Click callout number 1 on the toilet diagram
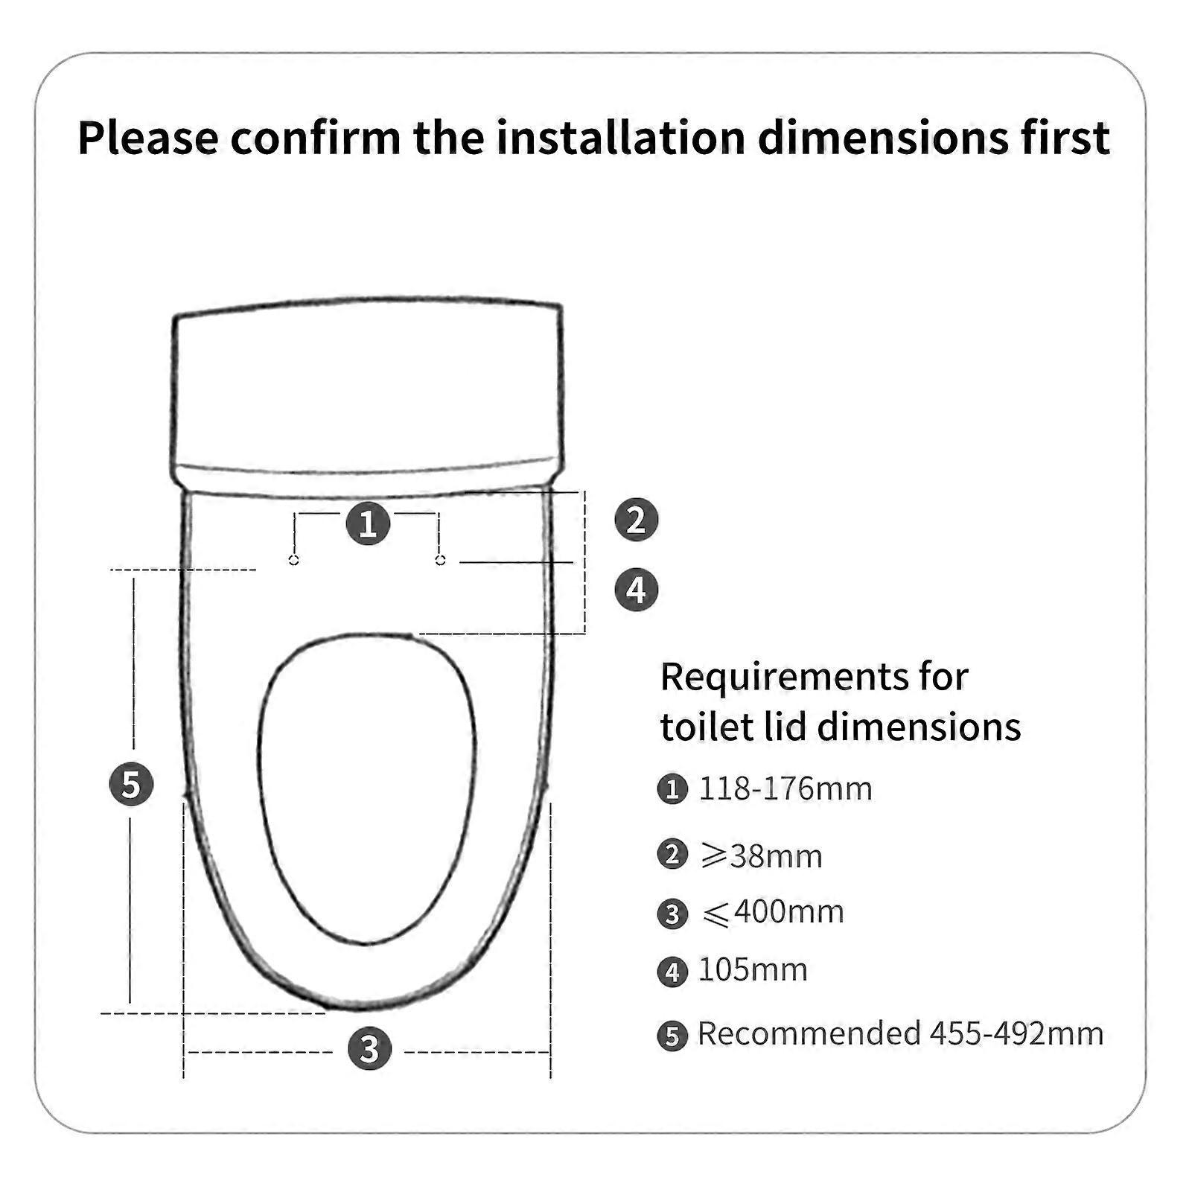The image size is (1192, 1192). pos(368,523)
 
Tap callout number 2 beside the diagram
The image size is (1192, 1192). pos(636,520)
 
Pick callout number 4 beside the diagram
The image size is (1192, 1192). pos(636,590)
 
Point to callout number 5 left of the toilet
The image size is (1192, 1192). pos(131,784)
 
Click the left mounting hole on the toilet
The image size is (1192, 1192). pos(294,560)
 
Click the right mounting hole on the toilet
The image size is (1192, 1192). pos(440,559)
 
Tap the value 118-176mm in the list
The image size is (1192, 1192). pos(785,788)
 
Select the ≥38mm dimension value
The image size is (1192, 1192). pos(762,855)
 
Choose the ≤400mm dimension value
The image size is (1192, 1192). pos(773,912)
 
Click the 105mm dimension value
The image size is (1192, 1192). pos(753,970)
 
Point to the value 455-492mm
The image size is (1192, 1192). pos(1016,1033)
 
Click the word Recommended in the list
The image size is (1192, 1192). pos(809,1033)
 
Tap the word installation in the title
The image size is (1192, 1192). pos(621,138)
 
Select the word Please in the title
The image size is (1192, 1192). pos(148,138)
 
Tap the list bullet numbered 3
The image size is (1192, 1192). pos(672,914)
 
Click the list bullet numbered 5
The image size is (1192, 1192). pos(672,1036)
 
